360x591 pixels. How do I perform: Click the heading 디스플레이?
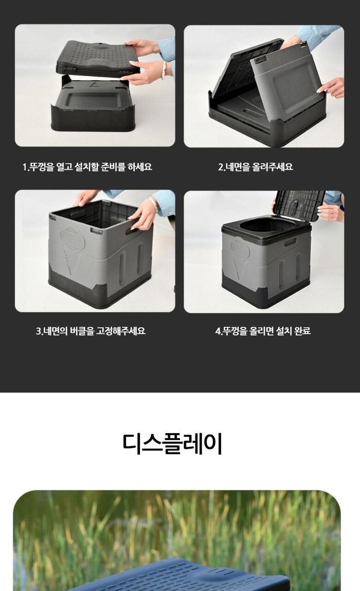(x=172, y=445)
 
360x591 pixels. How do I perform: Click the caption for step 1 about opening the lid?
(x=87, y=167)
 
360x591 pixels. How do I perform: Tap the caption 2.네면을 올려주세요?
(x=256, y=167)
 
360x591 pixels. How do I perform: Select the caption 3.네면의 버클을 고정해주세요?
(x=91, y=331)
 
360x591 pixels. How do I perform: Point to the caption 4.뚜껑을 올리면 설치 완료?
(x=263, y=331)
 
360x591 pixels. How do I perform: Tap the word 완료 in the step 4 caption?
(x=302, y=331)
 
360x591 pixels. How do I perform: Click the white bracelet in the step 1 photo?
(x=164, y=70)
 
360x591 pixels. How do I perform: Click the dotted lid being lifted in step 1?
(x=97, y=58)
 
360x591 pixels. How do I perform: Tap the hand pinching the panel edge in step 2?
(x=331, y=88)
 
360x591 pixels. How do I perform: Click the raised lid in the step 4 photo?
(x=300, y=205)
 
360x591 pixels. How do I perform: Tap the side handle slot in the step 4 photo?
(x=290, y=241)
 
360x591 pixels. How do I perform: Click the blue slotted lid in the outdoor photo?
(x=180, y=575)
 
